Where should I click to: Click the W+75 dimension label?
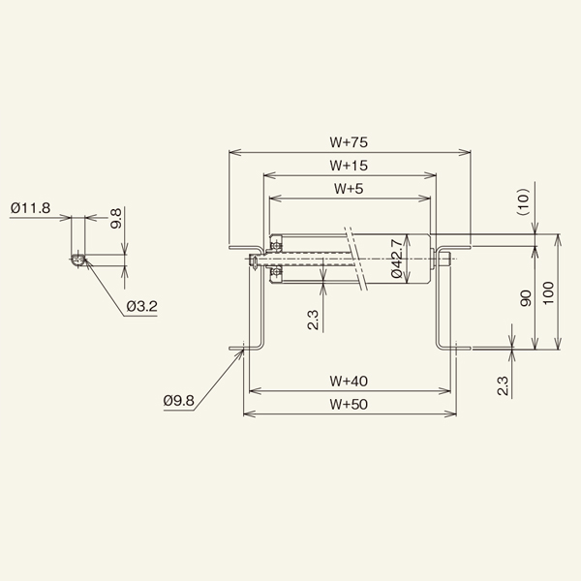tap(349, 141)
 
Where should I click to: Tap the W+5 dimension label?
tap(349, 188)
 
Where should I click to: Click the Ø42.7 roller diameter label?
tap(397, 260)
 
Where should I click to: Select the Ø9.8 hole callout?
tap(181, 398)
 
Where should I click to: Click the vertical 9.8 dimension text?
tap(115, 218)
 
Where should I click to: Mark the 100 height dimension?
tap(549, 292)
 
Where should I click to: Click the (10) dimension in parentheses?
tap(524, 201)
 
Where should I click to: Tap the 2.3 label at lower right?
tap(503, 384)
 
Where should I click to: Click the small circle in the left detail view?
tap(76, 259)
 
